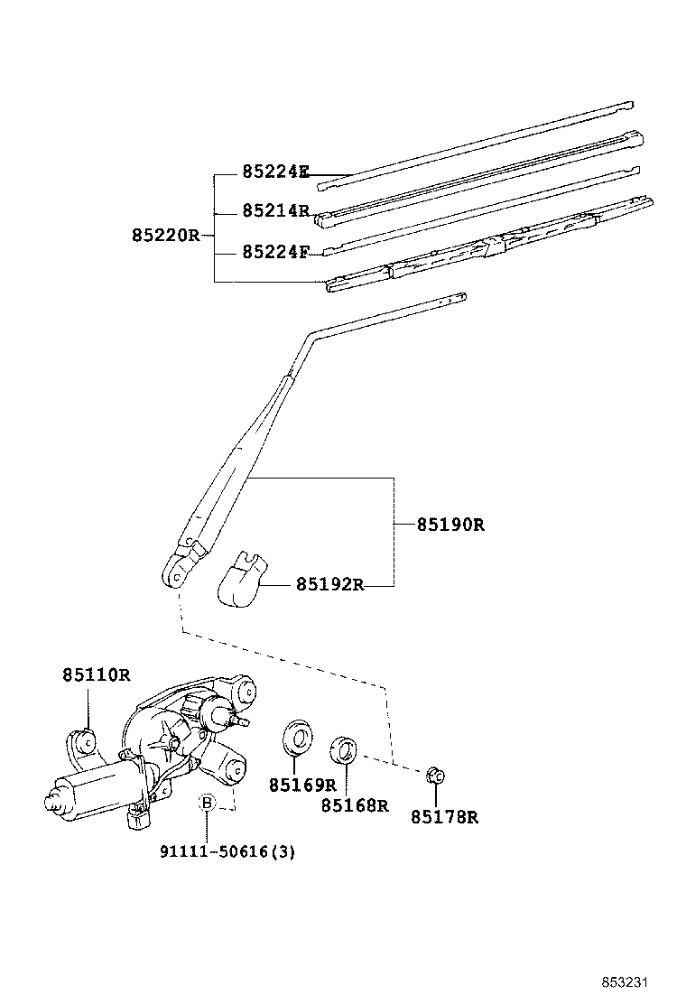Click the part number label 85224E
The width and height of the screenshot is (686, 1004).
(x=275, y=172)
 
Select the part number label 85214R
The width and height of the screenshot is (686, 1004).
(x=275, y=210)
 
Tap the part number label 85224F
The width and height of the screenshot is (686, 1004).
(x=275, y=252)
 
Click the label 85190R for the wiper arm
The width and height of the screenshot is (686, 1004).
(x=450, y=524)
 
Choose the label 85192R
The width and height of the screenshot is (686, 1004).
(x=329, y=584)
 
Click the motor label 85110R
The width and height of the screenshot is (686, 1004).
(x=97, y=674)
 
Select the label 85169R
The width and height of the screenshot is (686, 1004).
(x=301, y=785)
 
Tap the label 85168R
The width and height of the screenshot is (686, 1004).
(x=354, y=805)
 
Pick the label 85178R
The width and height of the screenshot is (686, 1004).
(x=443, y=817)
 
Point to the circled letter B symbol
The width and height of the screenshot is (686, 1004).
(x=207, y=803)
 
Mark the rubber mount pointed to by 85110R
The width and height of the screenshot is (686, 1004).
(x=87, y=741)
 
